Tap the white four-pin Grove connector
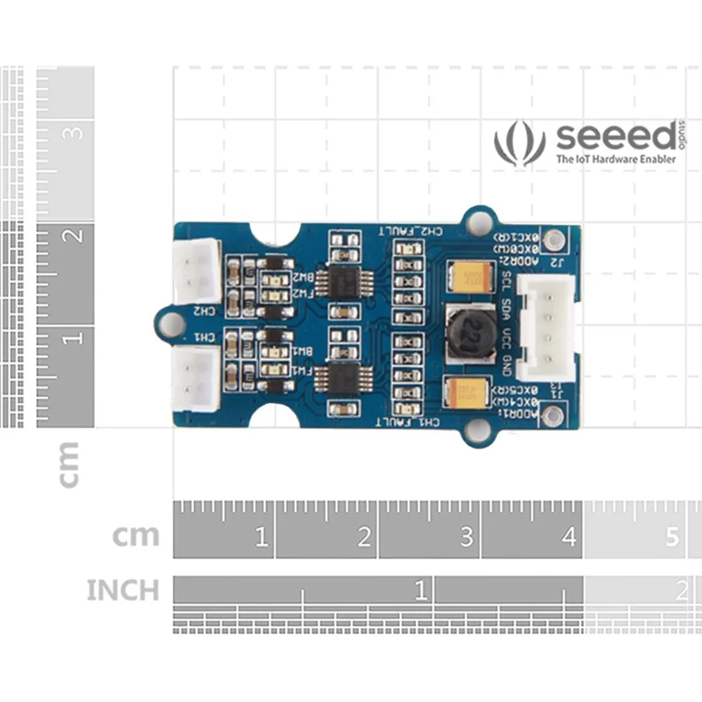545,328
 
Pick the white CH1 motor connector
197,378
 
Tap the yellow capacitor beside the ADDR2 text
470,277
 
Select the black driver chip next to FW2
341,280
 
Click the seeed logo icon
520,143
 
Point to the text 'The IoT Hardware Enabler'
616,159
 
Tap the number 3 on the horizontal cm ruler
467,537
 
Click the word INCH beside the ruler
122,590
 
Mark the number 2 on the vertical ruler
75,236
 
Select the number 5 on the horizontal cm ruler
672,537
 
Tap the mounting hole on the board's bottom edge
478,430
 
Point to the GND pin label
507,364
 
